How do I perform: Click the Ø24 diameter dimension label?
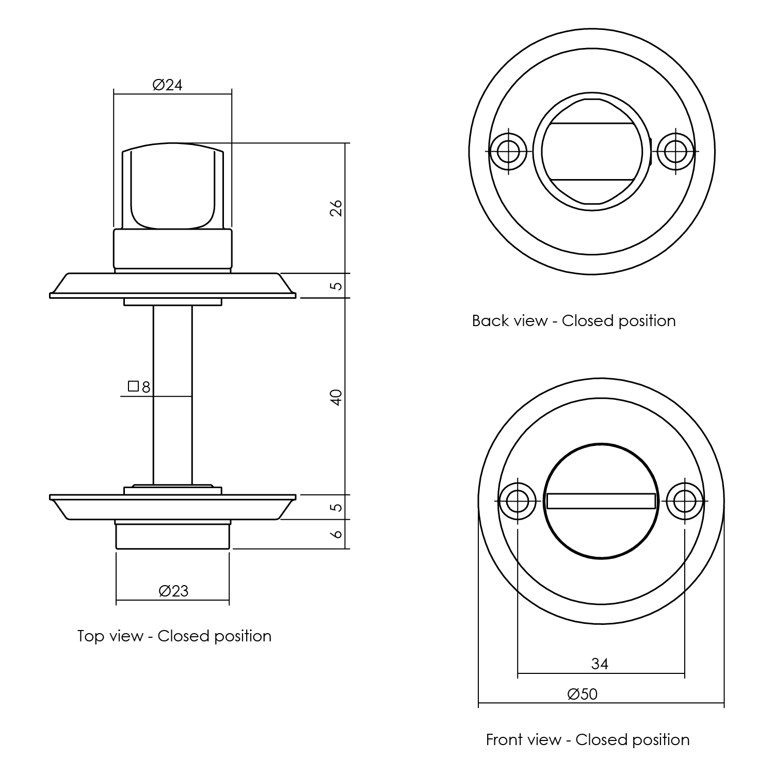[x=168, y=85]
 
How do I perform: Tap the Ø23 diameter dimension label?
[x=173, y=590]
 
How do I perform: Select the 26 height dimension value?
[x=336, y=208]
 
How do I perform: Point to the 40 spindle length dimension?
[x=336, y=397]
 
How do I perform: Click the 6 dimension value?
[x=336, y=534]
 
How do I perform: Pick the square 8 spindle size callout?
[x=139, y=386]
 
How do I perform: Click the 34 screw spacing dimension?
[x=600, y=664]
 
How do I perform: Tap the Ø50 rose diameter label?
[x=583, y=694]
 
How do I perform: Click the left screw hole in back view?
[x=508, y=151]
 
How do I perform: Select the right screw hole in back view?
[x=676, y=151]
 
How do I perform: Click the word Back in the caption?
[x=490, y=320]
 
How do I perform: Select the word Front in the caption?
[x=505, y=739]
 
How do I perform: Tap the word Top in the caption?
[x=91, y=636]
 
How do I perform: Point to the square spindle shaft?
[x=173, y=395]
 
